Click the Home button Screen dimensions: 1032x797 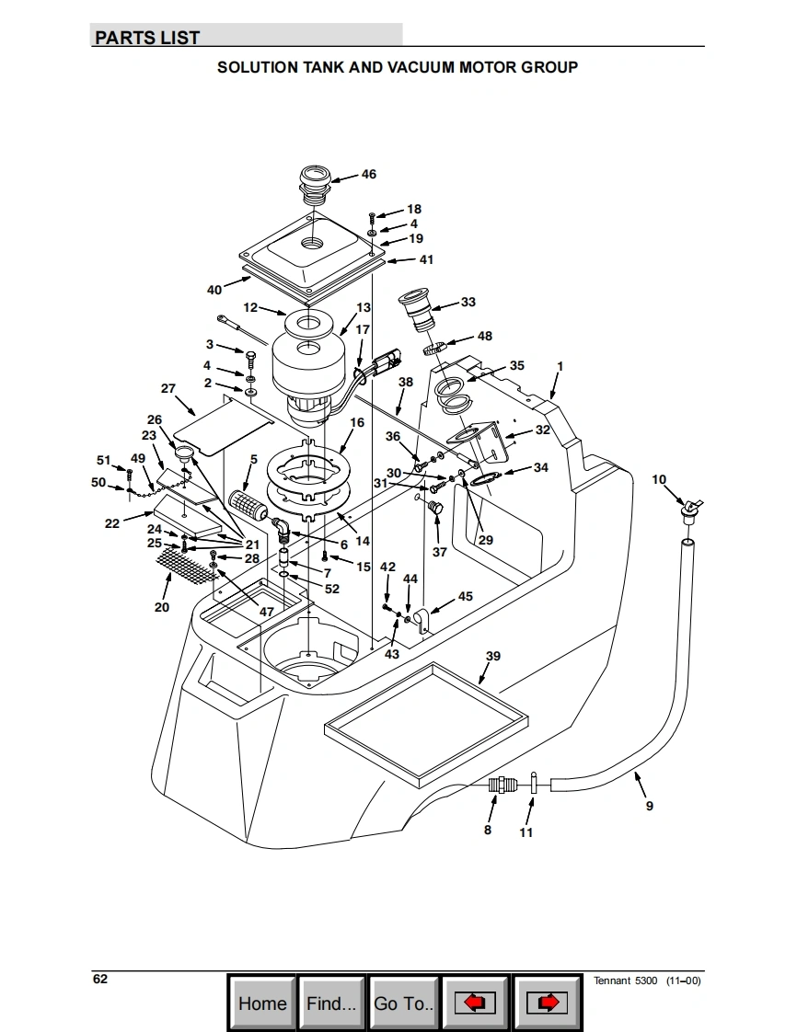pyautogui.click(x=262, y=1003)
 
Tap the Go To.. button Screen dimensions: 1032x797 pyautogui.click(x=403, y=1003)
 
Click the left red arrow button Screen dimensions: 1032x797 pyautogui.click(x=476, y=1003)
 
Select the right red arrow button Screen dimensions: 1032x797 pyautogui.click(x=547, y=1003)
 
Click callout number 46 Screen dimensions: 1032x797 pyautogui.click(x=368, y=174)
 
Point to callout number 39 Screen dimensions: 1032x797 pyautogui.click(x=493, y=656)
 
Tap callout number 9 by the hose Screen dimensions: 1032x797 pyautogui.click(x=650, y=806)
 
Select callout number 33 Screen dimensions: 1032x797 pyautogui.click(x=468, y=302)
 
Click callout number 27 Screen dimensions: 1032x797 pyautogui.click(x=167, y=389)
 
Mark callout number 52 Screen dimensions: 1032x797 pyautogui.click(x=331, y=589)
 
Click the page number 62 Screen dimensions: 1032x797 pyautogui.click(x=100, y=979)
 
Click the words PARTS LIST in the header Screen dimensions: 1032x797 pyautogui.click(x=147, y=38)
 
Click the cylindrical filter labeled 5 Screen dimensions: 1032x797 pyautogui.click(x=247, y=503)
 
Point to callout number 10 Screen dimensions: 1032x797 pyautogui.click(x=659, y=479)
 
